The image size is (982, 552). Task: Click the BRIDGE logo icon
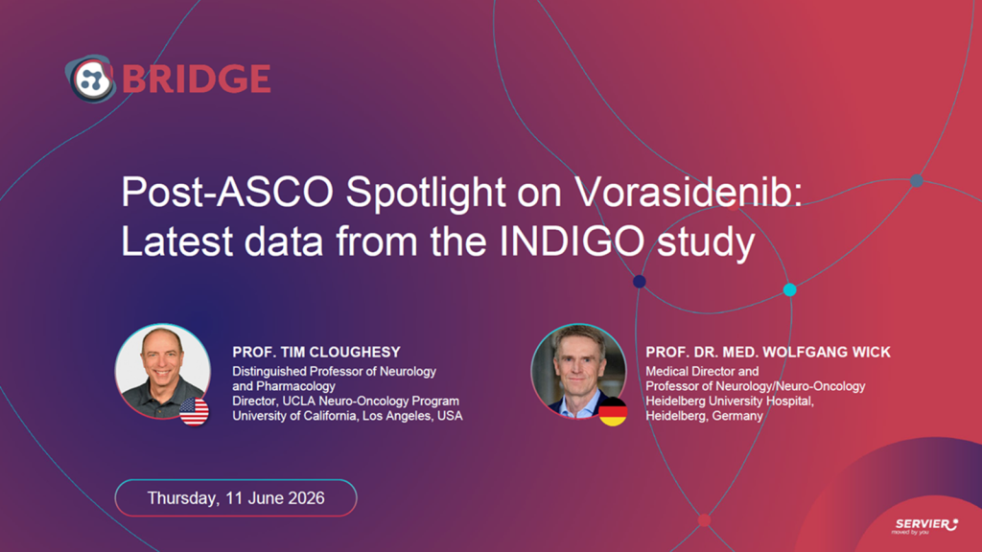[91, 79]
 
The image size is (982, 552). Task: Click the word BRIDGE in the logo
[196, 79]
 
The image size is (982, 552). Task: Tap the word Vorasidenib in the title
[689, 192]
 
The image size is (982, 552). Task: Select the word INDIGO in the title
[572, 241]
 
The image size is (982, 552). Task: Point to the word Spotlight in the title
[426, 193]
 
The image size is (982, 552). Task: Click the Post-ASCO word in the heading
[227, 192]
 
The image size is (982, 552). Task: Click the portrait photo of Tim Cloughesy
[163, 371]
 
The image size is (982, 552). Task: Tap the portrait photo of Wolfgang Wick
[578, 371]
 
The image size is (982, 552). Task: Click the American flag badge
[194, 411]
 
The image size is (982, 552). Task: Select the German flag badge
[613, 411]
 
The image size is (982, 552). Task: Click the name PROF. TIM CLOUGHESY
[316, 353]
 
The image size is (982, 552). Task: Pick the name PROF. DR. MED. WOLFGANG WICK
[768, 353]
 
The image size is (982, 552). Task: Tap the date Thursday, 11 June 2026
[236, 498]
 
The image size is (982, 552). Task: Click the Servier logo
[925, 526]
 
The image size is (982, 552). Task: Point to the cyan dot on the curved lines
[790, 289]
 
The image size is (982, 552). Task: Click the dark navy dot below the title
[640, 282]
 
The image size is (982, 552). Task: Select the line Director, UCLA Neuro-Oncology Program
[345, 402]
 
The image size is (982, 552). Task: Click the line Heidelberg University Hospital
[730, 402]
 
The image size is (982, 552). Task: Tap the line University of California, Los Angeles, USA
[347, 416]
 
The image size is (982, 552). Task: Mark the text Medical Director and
[702, 372]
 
